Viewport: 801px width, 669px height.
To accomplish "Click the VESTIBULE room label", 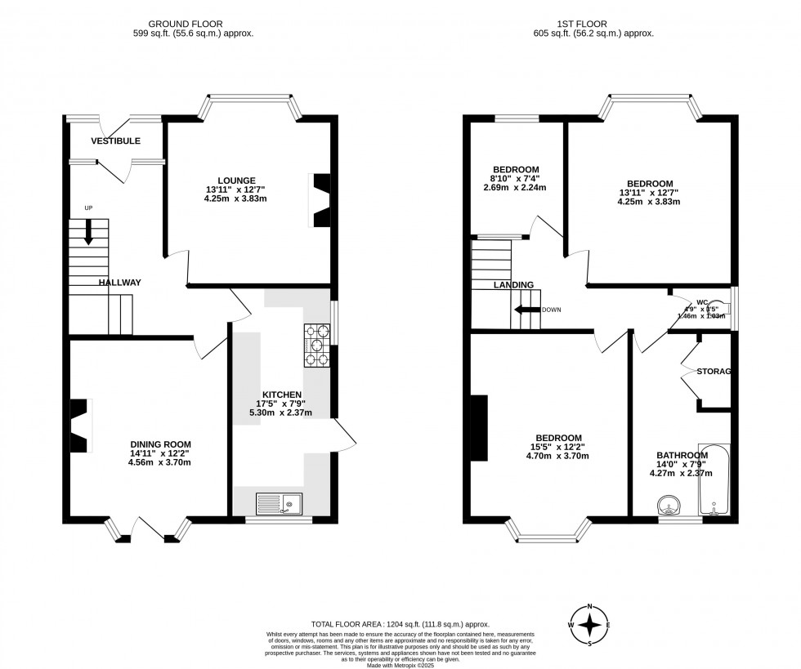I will pos(112,140).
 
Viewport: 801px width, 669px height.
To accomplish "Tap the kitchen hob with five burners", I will pos(318,346).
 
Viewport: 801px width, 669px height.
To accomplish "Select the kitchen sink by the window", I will pos(279,504).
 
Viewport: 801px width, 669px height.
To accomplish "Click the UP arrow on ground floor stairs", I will pos(88,233).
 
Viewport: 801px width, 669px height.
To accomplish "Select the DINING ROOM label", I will pos(159,444).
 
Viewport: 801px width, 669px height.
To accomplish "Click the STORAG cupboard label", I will pos(713,372).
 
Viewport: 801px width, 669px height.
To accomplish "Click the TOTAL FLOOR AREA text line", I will pos(400,624).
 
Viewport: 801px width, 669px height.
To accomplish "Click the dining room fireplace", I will pos(79,425).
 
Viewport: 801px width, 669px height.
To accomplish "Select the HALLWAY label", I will pos(120,283).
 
